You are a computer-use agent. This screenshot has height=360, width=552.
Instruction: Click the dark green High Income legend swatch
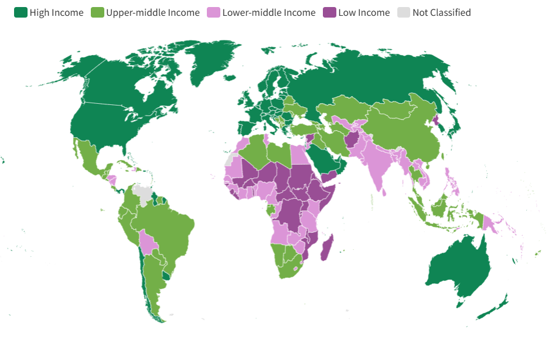coord(21,12)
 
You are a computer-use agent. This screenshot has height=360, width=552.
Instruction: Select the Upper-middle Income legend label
coord(152,12)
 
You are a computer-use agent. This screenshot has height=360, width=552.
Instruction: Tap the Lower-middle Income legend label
coord(268,12)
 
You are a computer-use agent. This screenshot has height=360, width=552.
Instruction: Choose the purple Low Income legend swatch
coord(329,12)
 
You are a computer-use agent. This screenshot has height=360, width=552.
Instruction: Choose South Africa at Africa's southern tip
coord(287,267)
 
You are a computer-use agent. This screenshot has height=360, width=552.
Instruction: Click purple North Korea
coord(435,121)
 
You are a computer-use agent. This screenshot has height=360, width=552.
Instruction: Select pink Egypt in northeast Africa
coord(299,155)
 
